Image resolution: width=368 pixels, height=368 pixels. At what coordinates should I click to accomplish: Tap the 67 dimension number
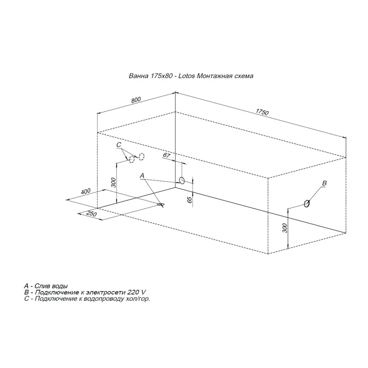pyautogui.click(x=167, y=156)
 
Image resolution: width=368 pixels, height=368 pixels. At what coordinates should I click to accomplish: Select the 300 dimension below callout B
pyautogui.click(x=284, y=227)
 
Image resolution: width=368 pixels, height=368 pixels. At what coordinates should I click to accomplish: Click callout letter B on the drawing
pyautogui.click(x=324, y=184)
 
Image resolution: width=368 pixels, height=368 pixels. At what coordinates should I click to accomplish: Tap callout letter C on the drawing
pyautogui.click(x=119, y=145)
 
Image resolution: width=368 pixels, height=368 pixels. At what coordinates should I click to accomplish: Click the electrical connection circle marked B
pyautogui.click(x=306, y=203)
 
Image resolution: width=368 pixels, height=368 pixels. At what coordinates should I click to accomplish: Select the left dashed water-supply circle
pyautogui.click(x=132, y=159)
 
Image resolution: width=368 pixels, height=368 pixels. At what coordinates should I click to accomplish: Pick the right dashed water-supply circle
pyautogui.click(x=142, y=156)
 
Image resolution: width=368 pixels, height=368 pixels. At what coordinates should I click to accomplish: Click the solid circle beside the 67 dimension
pyautogui.click(x=182, y=180)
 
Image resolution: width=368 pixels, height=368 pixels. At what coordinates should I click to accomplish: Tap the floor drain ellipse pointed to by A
pyautogui.click(x=161, y=204)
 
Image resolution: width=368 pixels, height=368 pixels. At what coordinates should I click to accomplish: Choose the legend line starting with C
pyautogui.click(x=87, y=299)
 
